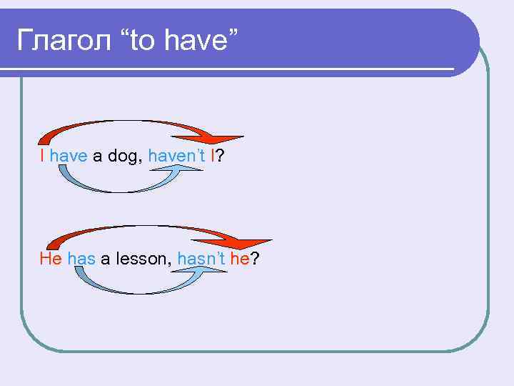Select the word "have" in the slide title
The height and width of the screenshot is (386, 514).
click(x=198, y=41)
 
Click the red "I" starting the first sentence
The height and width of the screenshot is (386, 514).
click(x=43, y=155)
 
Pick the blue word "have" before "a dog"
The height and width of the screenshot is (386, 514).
click(x=69, y=155)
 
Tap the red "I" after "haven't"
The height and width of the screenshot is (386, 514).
click(x=212, y=155)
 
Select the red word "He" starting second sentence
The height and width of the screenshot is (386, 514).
click(x=51, y=259)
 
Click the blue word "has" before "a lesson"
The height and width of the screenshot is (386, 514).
click(x=82, y=259)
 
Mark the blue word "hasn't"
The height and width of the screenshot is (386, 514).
click(x=201, y=259)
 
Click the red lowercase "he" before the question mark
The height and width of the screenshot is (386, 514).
click(x=238, y=259)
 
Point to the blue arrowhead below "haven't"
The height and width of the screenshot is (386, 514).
click(x=191, y=169)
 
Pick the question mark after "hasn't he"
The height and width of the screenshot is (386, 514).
click(x=254, y=259)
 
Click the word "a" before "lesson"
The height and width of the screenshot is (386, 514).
click(x=105, y=259)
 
